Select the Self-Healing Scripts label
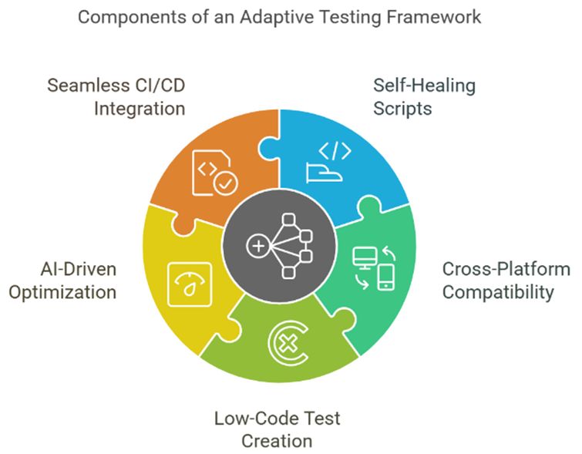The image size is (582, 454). [424, 97]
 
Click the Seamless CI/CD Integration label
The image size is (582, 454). [116, 97]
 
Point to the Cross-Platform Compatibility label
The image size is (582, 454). [506, 281]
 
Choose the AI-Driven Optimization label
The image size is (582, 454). [62, 281]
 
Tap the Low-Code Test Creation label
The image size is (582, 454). [277, 430]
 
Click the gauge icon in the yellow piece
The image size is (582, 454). [190, 284]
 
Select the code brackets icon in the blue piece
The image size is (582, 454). [335, 151]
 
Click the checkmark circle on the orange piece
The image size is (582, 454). [226, 183]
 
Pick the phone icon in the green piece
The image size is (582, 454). [385, 277]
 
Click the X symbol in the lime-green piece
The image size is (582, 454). [289, 343]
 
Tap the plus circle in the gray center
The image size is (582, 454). [258, 246]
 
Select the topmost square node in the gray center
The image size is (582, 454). [289, 220]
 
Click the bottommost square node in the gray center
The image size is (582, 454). [289, 272]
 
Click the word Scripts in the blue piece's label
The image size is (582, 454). [402, 109]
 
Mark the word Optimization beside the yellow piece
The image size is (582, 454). [62, 293]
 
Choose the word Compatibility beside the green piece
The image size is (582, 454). [498, 293]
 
